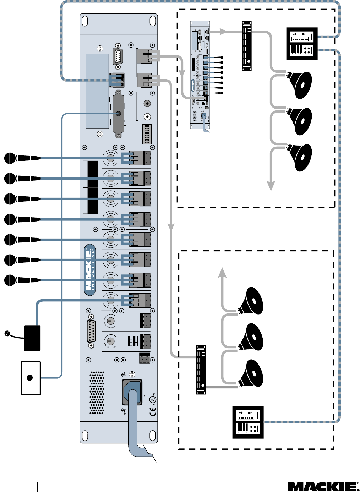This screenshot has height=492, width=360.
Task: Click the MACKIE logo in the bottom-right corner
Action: pos(323,487)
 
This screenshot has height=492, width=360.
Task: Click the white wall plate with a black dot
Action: pos(31,378)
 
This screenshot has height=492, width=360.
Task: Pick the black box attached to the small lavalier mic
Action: pos(32,338)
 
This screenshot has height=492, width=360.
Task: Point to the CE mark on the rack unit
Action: pos(153,412)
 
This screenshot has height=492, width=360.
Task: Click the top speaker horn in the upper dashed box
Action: pos(300,85)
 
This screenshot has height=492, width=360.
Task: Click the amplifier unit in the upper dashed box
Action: pos(247,46)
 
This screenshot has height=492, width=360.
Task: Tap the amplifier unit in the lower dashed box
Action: pos(201,370)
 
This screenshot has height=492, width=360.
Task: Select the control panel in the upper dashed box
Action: pos(302,44)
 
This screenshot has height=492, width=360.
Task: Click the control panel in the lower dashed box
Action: pos(248,422)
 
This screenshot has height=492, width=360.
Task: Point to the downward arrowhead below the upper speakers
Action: pos(271,186)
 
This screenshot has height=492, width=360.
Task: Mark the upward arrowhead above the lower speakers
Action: pos(222,272)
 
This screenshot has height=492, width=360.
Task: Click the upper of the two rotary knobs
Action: pos(110,321)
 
